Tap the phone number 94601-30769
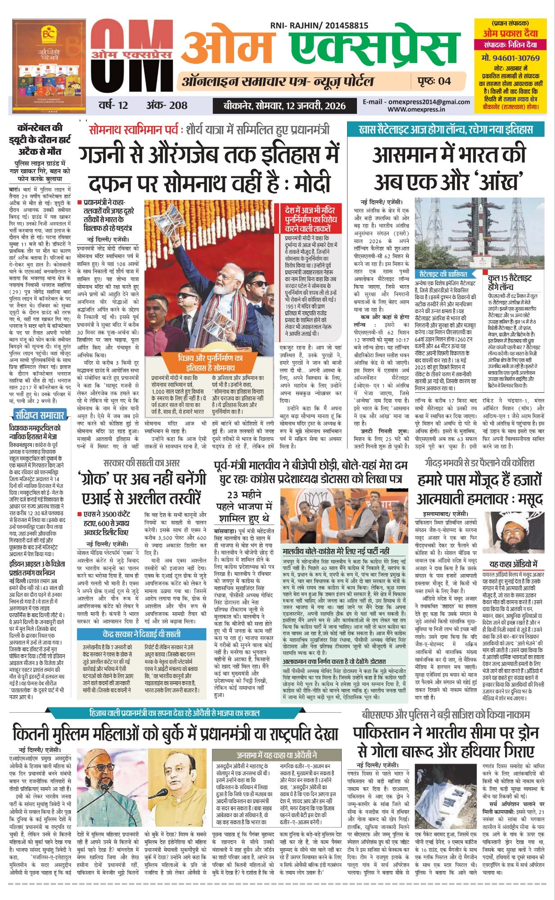pos(510,58)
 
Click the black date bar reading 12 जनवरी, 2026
pos(285,106)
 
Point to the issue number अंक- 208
pos(166,105)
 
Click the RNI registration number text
pos(319,26)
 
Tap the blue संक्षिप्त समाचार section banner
pos(40,415)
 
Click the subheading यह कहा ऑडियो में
pos(513,564)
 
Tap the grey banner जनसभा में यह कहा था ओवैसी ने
pos(277,755)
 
